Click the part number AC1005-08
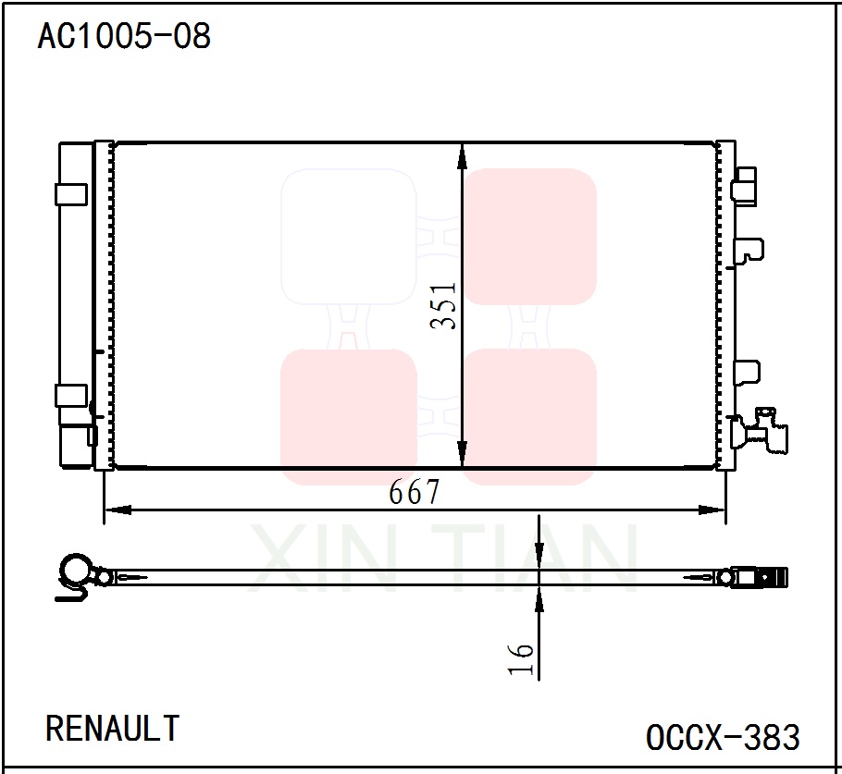124,37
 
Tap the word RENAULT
113,729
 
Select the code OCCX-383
723,738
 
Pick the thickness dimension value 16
524,658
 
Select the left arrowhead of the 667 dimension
116,510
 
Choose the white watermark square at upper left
349,237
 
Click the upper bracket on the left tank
71,194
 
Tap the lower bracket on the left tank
71,396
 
